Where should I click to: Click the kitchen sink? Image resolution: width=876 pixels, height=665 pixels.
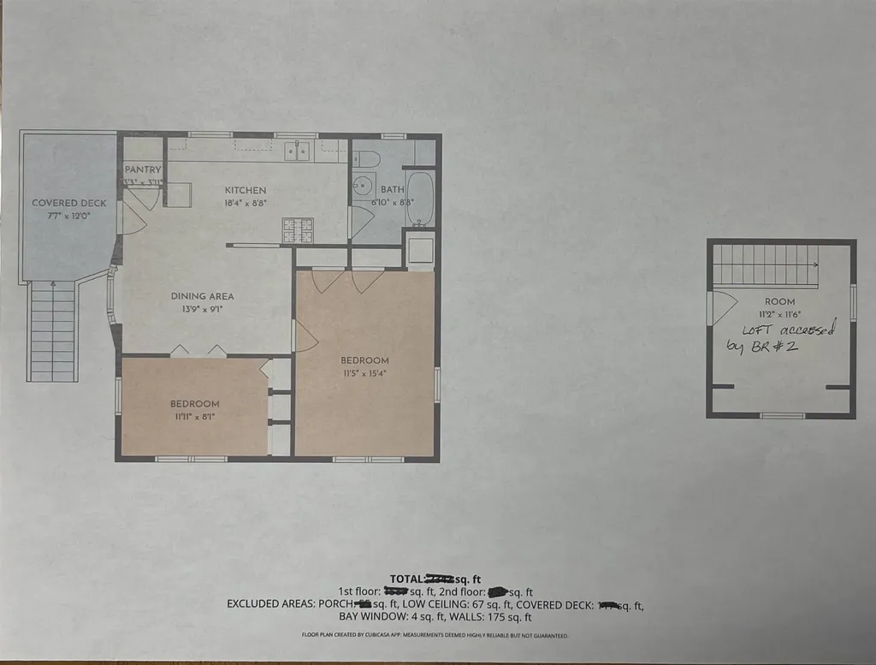pyautogui.click(x=298, y=151)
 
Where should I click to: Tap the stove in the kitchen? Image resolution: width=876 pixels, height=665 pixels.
pyautogui.click(x=299, y=229)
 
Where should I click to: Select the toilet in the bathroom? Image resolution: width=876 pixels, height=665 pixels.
pyautogui.click(x=367, y=158)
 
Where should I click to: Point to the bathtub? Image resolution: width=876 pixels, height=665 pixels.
pyautogui.click(x=420, y=199)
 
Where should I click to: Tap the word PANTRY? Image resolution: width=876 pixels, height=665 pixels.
pyautogui.click(x=142, y=169)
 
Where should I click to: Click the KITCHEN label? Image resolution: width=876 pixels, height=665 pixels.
pyautogui.click(x=246, y=190)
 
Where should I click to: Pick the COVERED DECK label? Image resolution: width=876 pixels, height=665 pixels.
pyautogui.click(x=69, y=203)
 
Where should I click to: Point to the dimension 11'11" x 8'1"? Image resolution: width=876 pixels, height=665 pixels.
pyautogui.click(x=194, y=417)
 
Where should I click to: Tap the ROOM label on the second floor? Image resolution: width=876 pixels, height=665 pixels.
pyautogui.click(x=779, y=301)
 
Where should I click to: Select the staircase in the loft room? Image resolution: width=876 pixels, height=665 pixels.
pyautogui.click(x=766, y=264)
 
